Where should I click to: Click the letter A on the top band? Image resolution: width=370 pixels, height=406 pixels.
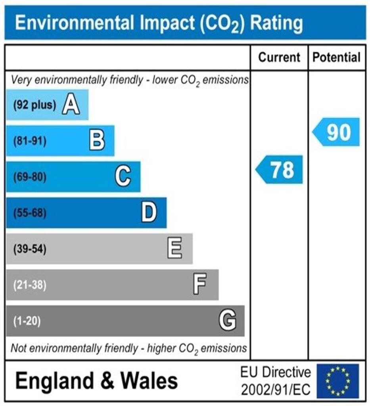click(x=71, y=105)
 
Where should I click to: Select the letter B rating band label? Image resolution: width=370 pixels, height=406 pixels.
click(x=97, y=141)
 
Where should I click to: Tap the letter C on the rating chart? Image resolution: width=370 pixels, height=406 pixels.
click(x=123, y=176)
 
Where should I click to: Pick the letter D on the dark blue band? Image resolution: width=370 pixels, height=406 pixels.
click(x=149, y=213)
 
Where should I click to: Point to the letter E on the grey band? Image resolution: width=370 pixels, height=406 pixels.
click(x=175, y=249)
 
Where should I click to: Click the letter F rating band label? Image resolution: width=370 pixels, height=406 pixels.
click(x=199, y=285)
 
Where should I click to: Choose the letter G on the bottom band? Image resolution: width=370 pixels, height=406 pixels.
click(x=228, y=320)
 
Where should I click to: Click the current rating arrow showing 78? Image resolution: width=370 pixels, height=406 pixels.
click(x=280, y=170)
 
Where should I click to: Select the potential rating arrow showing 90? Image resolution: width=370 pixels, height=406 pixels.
click(x=337, y=132)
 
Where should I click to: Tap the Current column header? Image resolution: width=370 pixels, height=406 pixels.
click(x=279, y=57)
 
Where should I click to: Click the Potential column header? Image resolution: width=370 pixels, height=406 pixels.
click(x=337, y=57)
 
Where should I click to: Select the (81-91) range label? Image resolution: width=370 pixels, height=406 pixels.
click(x=30, y=141)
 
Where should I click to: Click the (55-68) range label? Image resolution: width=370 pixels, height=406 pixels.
click(x=30, y=213)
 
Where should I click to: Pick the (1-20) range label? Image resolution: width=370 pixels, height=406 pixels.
click(x=27, y=321)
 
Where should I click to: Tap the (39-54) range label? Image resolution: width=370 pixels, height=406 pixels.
click(x=30, y=249)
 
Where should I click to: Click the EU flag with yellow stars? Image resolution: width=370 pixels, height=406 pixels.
click(x=337, y=381)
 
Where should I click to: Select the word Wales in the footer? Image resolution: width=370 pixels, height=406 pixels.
click(x=149, y=381)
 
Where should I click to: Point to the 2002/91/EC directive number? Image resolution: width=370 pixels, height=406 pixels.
click(x=276, y=389)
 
